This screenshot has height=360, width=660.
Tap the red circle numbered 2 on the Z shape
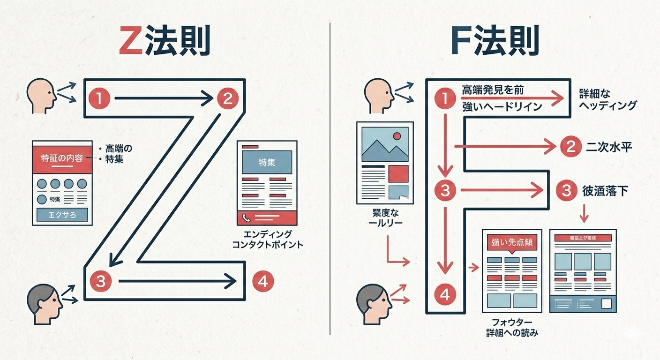tap(227, 98)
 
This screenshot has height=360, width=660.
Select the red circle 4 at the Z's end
tap(262, 281)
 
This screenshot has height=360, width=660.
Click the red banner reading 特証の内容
tap(62, 158)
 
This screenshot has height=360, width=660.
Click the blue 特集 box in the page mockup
tap(267, 163)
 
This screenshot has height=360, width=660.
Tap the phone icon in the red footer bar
tap(247, 217)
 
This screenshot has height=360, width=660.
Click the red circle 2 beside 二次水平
tap(570, 147)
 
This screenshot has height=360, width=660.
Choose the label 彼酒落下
tap(605, 191)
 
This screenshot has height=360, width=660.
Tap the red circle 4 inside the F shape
tap(445, 294)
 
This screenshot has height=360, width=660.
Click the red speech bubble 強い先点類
tap(511, 243)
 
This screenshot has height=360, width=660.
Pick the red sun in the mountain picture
tap(397, 136)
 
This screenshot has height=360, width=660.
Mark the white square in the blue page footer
tap(606, 303)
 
